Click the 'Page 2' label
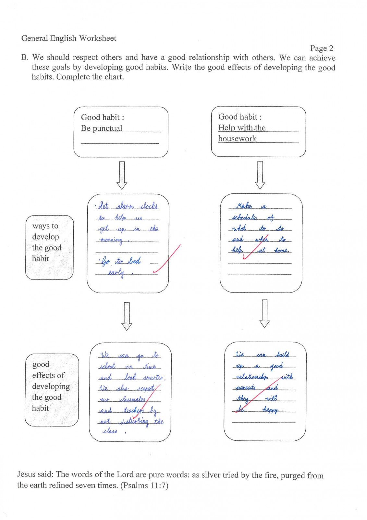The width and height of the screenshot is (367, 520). pyautogui.click(x=321, y=48)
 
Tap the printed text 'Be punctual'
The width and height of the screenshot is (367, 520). pyautogui.click(x=101, y=128)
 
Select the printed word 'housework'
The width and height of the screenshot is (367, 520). pyautogui.click(x=237, y=138)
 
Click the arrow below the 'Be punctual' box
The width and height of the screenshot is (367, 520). pyautogui.click(x=121, y=175)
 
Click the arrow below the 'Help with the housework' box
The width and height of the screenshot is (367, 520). pyautogui.click(x=260, y=175)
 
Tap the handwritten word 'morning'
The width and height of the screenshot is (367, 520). pyautogui.click(x=111, y=240)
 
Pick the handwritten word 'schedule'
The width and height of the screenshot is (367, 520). pyautogui.click(x=244, y=217)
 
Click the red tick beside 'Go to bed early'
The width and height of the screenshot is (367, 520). pyautogui.click(x=167, y=258)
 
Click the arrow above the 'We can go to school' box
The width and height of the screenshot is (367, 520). pyautogui.click(x=127, y=317)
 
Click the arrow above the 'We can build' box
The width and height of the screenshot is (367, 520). pyautogui.click(x=264, y=314)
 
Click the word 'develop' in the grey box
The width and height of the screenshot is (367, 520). pyautogui.click(x=45, y=237)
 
